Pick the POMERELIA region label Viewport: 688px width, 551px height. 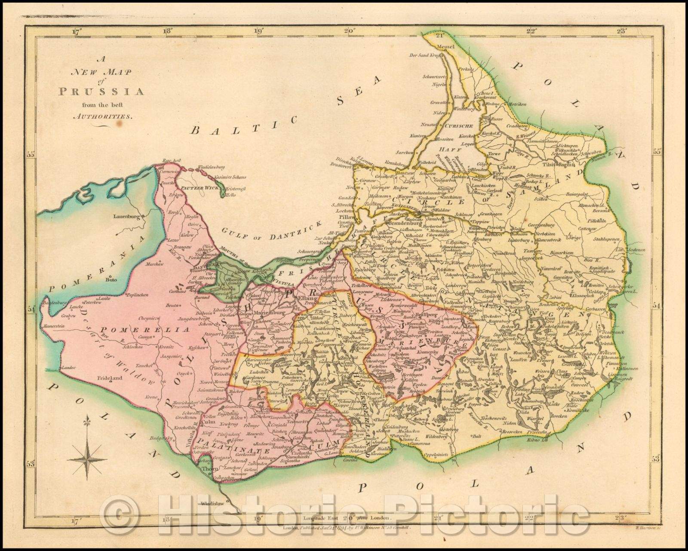coord(158,330)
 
